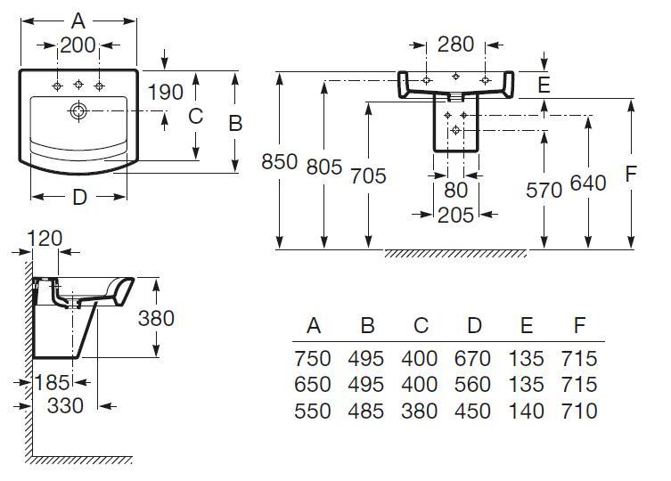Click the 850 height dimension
coord(280,163)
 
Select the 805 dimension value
coord(323,166)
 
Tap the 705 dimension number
coord(368,175)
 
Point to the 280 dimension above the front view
coord(455,45)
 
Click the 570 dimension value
coord(544,190)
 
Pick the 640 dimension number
coord(587,183)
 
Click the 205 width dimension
coord(455,214)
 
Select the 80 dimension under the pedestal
coord(455,190)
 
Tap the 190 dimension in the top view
coord(166,92)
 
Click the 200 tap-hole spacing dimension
coord(78,45)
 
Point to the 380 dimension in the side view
coord(156,317)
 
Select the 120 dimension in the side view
coord(45,238)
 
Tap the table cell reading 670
coord(472,359)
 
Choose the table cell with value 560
coord(472,385)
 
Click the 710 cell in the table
coord(579,411)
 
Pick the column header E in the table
coord(526,326)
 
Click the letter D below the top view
coord(79,198)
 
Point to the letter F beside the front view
coord(632,174)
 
